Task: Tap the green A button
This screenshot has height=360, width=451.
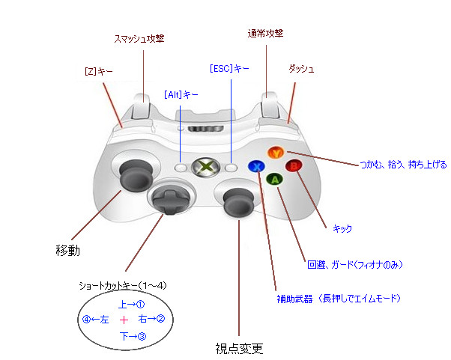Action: pos(276,180)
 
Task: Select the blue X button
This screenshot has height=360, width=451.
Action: pos(257,166)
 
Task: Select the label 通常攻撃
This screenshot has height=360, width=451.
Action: pos(265,34)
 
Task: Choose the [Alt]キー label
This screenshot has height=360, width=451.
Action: pos(181,95)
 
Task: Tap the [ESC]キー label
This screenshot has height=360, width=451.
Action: pos(230,68)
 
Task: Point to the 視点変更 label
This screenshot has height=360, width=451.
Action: pos(239,349)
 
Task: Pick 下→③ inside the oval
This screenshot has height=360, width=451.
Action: pos(131,337)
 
